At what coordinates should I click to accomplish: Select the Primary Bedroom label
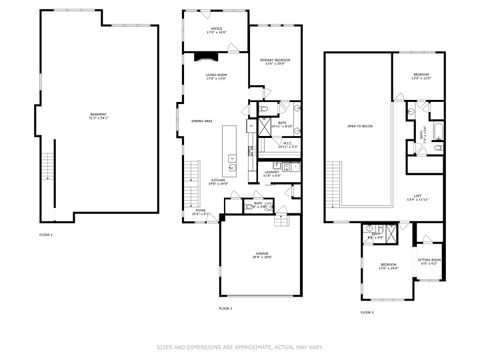click(x=274, y=63)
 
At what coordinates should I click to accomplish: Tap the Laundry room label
click(x=271, y=174)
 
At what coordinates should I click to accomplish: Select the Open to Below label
click(x=359, y=126)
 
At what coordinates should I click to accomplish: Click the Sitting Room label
click(x=429, y=261)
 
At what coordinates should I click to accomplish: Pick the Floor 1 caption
click(x=45, y=234)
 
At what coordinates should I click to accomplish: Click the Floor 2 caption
click(x=225, y=309)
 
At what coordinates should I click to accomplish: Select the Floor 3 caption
click(x=368, y=313)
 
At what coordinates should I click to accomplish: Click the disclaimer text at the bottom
click(x=240, y=348)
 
